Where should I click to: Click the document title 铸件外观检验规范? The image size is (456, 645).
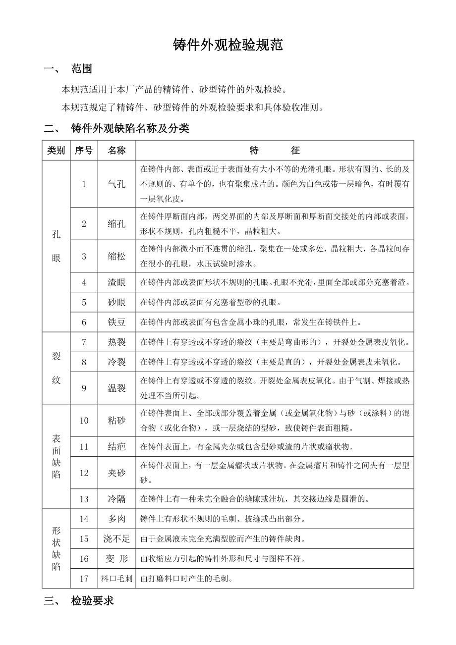(228, 46)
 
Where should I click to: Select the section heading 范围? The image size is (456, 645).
(81, 69)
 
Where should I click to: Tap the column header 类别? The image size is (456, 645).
(56, 151)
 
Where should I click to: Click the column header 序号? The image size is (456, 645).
(84, 151)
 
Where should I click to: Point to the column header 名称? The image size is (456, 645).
(116, 151)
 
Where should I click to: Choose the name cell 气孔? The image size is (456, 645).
(116, 184)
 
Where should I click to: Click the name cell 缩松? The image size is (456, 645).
(116, 256)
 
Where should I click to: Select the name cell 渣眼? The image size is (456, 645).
(116, 282)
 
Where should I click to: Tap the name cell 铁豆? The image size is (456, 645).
(116, 322)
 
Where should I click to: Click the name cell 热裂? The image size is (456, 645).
(116, 342)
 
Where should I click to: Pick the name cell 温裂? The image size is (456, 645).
(116, 388)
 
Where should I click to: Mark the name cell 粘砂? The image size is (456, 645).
(116, 421)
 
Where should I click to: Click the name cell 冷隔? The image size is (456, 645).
(116, 499)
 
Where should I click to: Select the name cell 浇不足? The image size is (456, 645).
(116, 539)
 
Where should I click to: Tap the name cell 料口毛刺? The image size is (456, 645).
(116, 578)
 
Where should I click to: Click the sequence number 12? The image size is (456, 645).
(84, 473)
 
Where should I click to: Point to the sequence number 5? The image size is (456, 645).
(84, 302)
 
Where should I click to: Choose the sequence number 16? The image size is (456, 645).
(84, 559)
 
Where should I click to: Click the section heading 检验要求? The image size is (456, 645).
(92, 601)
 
